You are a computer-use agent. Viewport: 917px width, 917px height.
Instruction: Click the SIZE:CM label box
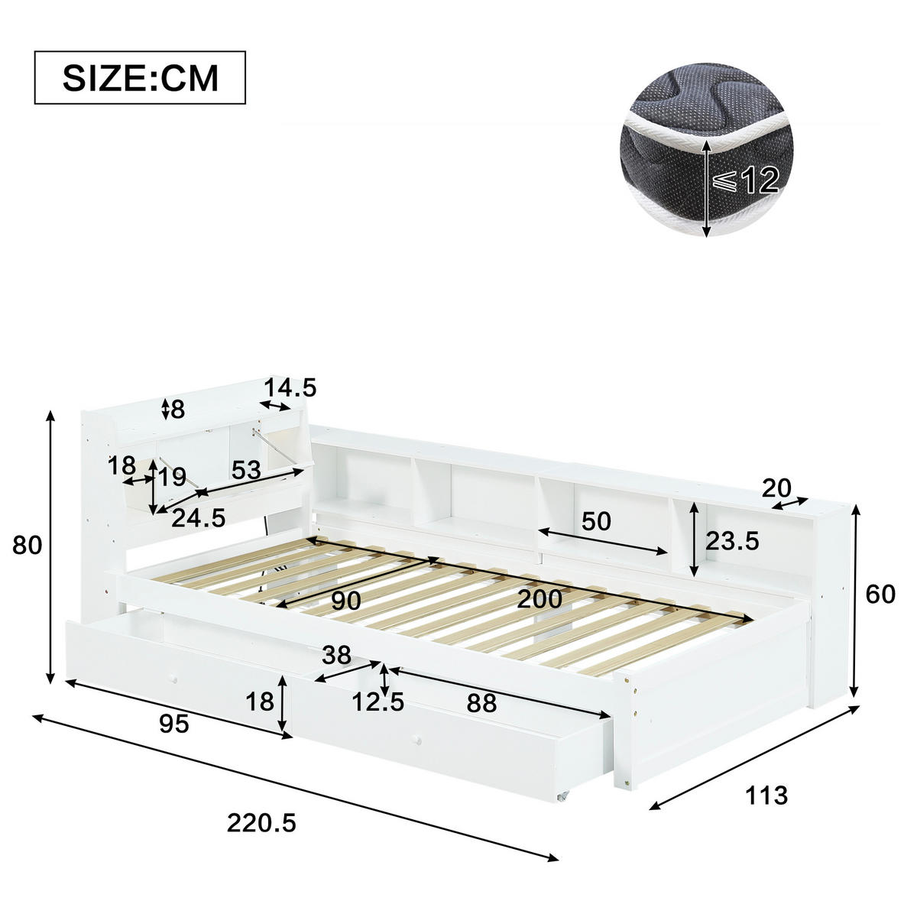139,77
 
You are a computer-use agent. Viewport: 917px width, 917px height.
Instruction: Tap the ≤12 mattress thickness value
746,180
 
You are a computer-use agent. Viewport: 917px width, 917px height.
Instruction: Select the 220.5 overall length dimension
261,823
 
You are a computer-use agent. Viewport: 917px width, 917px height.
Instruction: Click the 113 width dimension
766,795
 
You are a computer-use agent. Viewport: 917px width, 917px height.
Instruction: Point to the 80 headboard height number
28,546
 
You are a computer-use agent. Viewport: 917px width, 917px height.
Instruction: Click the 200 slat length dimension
540,598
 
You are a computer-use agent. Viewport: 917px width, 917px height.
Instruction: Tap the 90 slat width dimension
345,601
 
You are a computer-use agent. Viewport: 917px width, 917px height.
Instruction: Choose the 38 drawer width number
336,655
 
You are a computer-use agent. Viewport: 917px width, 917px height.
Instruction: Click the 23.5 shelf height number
732,542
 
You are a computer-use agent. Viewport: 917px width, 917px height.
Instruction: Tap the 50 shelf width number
596,521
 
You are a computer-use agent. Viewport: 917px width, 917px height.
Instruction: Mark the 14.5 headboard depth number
290,388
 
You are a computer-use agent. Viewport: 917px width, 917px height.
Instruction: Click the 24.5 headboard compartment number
198,519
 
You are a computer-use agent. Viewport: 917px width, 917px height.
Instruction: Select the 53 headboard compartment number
246,470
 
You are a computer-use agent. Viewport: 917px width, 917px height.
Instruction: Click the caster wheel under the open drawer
563,797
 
